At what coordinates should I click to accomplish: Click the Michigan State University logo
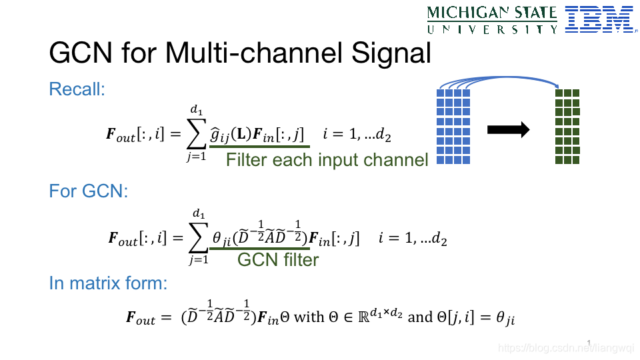[x=492, y=19]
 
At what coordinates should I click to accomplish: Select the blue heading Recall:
[x=77, y=89]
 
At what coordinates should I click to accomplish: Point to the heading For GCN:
[x=89, y=191]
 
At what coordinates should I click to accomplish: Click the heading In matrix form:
[x=108, y=283]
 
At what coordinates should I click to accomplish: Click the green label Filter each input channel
[x=327, y=160]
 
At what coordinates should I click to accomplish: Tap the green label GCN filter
[x=278, y=259]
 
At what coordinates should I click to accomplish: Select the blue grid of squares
[x=453, y=127]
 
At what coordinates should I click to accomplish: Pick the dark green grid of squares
[x=568, y=127]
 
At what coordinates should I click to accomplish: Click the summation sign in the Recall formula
[x=196, y=135]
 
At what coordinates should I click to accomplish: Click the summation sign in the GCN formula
[x=198, y=238]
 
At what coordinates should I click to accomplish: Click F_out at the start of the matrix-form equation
[x=140, y=318]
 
